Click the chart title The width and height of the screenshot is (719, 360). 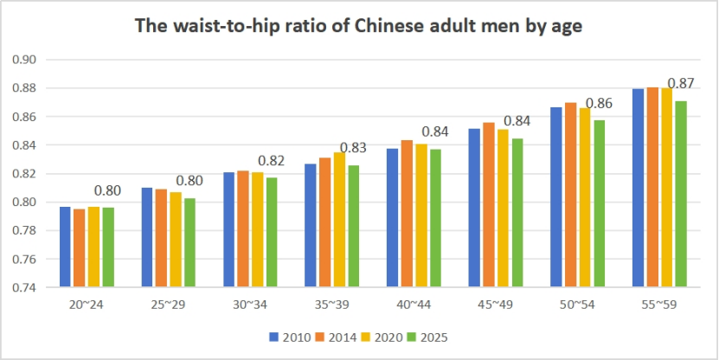pos(359,26)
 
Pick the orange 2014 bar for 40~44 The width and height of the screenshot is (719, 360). pos(407,213)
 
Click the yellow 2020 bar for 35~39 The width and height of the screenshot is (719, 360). pos(339,219)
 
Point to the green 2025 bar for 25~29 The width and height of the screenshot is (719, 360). pos(189,242)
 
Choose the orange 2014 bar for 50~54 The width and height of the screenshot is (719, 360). pos(570,195)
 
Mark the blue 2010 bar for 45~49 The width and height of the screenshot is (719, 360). pos(475,208)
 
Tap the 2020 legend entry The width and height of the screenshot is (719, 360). pos(383,336)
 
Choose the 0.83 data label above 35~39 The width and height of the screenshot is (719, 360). pos(352,148)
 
